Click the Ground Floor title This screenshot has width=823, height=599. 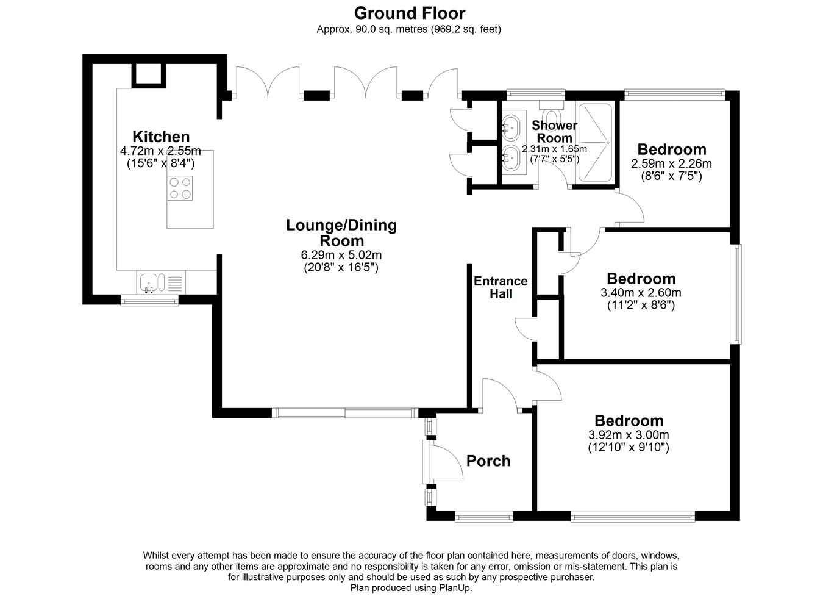coord(409,13)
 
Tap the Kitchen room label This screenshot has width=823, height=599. coord(161,137)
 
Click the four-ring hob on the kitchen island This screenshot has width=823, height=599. coord(180,188)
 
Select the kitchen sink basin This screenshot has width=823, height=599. coord(149,283)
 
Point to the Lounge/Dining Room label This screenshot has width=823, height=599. coord(341,233)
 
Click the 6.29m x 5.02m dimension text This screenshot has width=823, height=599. coord(341,254)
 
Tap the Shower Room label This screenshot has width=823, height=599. coord(554,132)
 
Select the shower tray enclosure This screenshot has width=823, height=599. coord(595,142)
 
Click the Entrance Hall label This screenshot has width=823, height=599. coord(501,287)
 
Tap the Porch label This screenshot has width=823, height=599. coord(488,461)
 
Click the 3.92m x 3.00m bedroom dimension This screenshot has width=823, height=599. coord(629,435)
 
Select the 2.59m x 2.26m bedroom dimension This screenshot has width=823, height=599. coord(672,163)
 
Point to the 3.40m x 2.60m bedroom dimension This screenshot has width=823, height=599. coord(641,293)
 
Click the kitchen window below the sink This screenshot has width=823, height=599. coord(149,301)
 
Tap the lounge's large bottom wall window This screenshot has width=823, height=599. coord(345,413)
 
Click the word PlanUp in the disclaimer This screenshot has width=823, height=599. coord(455,587)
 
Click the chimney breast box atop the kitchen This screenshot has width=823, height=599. coord(148,75)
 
